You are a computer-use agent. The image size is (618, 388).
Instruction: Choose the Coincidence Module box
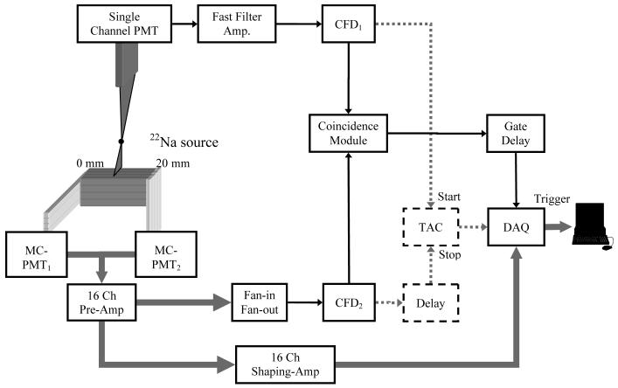[349, 134]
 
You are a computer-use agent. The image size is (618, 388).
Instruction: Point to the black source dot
[121, 142]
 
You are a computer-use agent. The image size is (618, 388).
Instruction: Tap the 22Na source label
[184, 142]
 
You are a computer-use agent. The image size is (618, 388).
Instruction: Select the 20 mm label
[168, 163]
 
